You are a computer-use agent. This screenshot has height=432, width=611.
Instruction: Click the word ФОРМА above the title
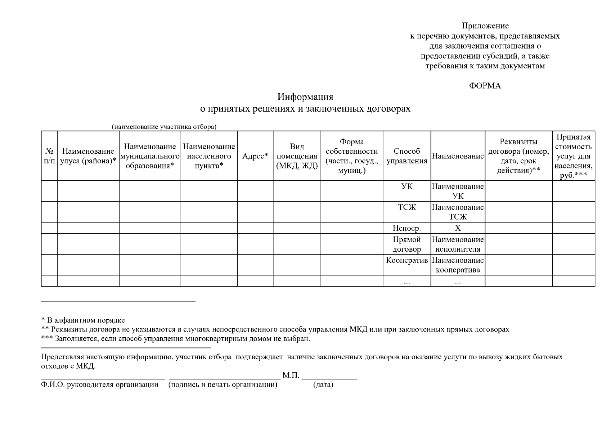point(485,86)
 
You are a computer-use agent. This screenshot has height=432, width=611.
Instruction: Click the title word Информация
point(305,97)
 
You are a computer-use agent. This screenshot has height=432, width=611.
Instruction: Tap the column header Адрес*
point(255,156)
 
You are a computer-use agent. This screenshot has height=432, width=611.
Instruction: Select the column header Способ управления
point(406,156)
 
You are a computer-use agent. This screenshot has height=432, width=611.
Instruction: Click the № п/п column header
point(49,156)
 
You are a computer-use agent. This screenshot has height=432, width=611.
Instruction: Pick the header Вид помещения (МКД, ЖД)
point(297,156)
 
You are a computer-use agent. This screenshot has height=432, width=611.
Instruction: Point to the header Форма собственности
point(352,156)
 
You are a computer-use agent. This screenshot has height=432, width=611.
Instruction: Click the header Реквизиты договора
point(518,156)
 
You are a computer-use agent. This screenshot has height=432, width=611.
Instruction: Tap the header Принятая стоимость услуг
point(573,156)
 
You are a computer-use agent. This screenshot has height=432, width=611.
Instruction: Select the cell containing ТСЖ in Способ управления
point(406,208)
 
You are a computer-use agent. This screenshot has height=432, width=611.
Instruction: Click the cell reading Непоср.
point(406,228)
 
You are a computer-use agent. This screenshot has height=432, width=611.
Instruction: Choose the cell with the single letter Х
point(458,228)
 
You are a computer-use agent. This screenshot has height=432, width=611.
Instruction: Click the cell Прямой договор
point(406,244)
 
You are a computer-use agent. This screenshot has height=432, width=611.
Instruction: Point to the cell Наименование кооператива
point(458,265)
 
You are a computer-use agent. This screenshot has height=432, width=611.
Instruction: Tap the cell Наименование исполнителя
point(458,244)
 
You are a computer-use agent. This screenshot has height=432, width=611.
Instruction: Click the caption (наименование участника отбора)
point(164,127)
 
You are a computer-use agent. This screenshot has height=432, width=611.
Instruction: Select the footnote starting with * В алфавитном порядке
point(83,320)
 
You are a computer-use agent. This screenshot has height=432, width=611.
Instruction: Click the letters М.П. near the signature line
point(291,375)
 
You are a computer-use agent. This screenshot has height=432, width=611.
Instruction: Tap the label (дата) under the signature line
point(323,385)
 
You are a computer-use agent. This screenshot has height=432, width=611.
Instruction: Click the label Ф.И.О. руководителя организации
point(100,385)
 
